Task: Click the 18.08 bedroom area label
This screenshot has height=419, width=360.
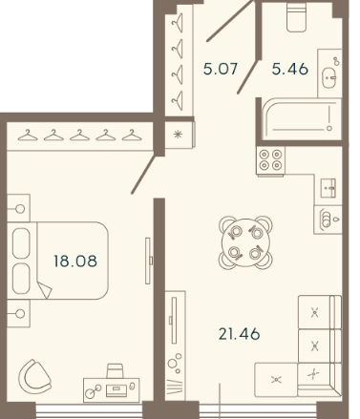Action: click(75, 261)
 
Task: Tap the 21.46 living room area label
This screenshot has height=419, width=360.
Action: click(240, 334)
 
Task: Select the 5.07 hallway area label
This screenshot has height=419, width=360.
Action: click(221, 69)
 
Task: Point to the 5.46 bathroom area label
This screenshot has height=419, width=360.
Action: click(290, 69)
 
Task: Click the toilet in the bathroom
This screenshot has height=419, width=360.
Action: click(296, 17)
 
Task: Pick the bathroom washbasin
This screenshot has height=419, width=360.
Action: click(329, 77)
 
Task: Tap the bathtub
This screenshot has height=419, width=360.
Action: click(301, 118)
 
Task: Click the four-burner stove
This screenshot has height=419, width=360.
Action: click(270, 161)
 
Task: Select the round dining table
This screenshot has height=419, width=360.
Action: click(245, 242)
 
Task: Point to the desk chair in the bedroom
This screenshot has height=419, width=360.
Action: click(115, 371)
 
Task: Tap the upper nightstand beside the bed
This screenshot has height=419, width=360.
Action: click(18, 208)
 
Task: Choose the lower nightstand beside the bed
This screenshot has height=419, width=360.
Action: click(18, 313)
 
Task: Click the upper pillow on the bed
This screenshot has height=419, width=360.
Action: click(21, 243)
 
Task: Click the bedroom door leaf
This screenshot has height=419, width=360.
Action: click(143, 175)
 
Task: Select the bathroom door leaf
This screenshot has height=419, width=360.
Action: click(248, 76)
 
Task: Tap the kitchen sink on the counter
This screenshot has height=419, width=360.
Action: click(328, 188)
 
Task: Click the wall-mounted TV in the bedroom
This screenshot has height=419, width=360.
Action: click(148, 261)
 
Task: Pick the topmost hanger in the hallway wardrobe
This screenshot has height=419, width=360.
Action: click(178, 23)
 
